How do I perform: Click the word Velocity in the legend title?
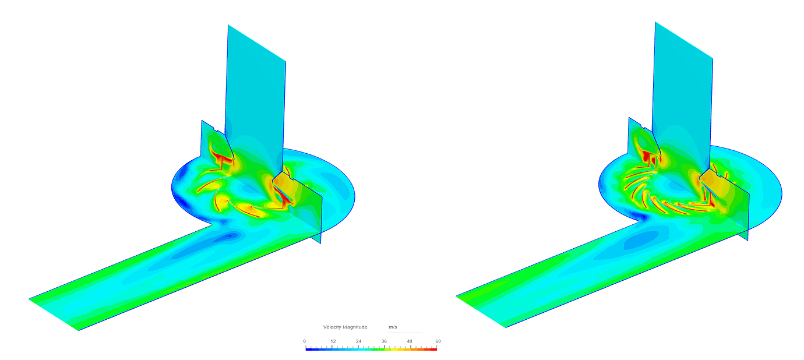click(333, 327)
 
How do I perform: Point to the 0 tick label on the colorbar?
click(305, 341)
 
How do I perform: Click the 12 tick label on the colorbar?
click(333, 341)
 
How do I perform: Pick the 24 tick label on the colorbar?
click(359, 341)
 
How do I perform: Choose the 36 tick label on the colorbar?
click(385, 341)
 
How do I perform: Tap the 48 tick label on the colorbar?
click(411, 341)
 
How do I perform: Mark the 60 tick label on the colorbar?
click(438, 341)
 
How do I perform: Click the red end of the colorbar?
click(434, 348)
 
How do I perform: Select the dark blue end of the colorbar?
click(308, 348)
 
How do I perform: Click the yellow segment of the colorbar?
click(399, 348)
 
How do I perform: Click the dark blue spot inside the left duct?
click(232, 236)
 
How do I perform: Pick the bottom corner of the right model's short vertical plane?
click(747, 239)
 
